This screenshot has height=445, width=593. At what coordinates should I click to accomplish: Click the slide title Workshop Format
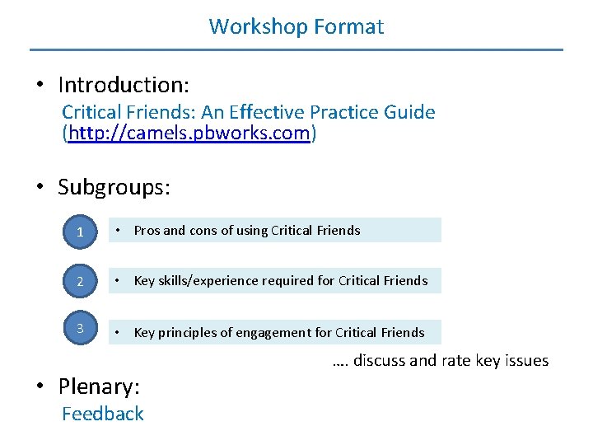coord(296,26)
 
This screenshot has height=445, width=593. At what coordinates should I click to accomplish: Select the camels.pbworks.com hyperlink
coord(189,133)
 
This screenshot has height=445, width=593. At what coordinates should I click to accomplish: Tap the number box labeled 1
coord(80,232)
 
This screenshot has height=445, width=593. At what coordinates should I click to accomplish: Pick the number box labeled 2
coord(80,282)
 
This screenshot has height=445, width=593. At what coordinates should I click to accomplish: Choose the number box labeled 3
coord(80,329)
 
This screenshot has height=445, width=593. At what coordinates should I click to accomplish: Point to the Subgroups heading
coord(114,187)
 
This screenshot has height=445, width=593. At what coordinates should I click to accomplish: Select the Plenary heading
coord(99,386)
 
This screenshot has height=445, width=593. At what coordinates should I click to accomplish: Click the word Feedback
coord(103,414)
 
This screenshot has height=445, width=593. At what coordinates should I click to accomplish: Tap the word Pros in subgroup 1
coord(147,231)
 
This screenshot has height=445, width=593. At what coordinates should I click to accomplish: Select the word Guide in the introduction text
coord(409,112)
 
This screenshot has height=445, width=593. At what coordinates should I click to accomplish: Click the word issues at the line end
coord(526,360)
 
